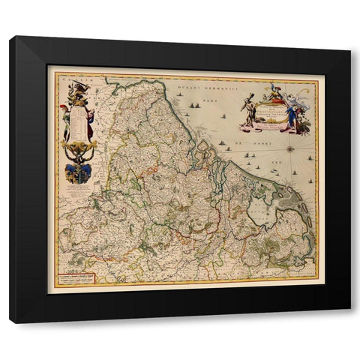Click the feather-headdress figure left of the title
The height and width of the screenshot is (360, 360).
[x=247, y=109]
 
